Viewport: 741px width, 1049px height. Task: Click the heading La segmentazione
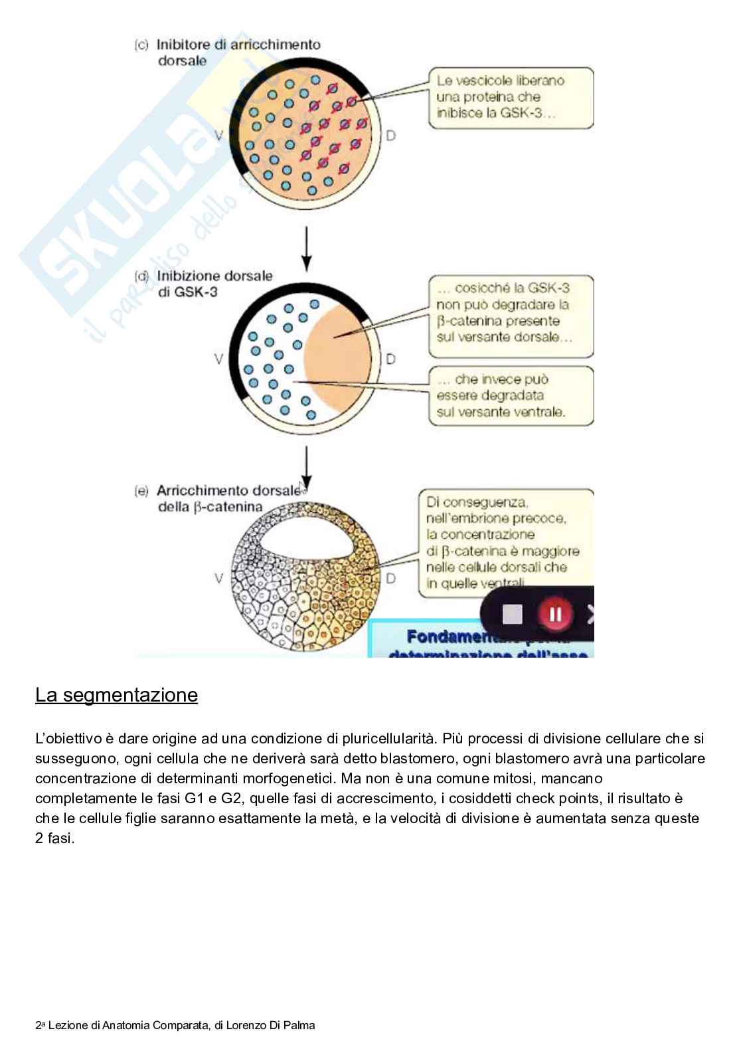116,695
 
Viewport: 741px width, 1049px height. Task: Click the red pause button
555,614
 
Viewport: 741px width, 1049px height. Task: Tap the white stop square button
513,614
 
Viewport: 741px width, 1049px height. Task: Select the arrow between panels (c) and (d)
305,248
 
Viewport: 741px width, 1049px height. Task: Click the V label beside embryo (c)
219,136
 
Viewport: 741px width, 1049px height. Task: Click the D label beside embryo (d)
390,359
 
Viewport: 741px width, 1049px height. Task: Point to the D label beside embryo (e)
390,578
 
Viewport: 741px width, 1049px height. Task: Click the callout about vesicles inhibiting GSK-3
509,97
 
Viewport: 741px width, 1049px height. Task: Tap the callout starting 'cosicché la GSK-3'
510,313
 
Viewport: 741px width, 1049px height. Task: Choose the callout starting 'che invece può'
510,395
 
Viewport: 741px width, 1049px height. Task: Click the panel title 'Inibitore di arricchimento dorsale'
228,52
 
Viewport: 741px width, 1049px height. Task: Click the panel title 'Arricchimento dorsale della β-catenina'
219,499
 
